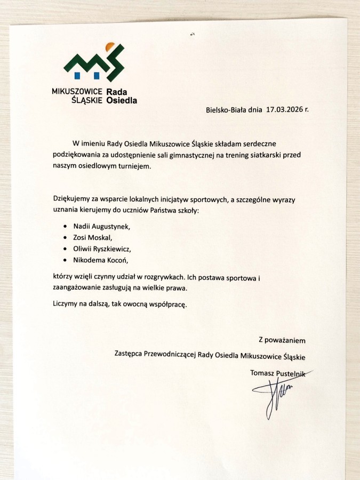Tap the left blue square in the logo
pyautogui.click(x=80, y=74)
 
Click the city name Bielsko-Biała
pyautogui.click(x=226, y=111)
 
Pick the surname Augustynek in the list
pyautogui.click(x=109, y=227)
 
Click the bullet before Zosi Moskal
pyautogui.click(x=65, y=238)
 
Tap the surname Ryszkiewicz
pyautogui.click(x=109, y=249)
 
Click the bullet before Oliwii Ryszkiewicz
pyautogui.click(x=65, y=249)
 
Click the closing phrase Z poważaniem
pyautogui.click(x=282, y=339)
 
